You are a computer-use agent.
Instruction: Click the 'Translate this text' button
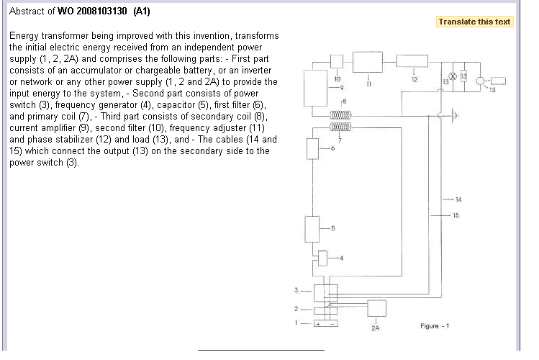point(475,22)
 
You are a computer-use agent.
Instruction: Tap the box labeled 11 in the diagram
point(368,63)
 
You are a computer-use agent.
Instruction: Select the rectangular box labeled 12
point(414,63)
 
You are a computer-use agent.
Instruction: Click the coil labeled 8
point(340,114)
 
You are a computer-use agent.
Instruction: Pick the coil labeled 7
point(340,127)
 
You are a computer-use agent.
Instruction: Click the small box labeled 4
point(323,257)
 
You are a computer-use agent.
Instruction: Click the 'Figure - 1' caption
point(435,326)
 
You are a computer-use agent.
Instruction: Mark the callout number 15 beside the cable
point(455,215)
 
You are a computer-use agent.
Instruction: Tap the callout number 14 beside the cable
point(458,199)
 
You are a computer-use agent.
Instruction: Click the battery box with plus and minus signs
point(323,324)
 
